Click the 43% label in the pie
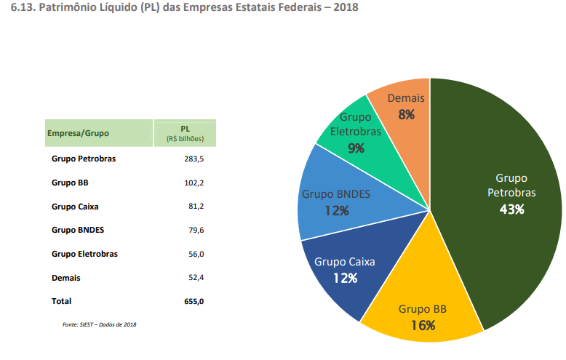point(511,209)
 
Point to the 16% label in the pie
point(423,325)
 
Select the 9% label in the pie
point(356,148)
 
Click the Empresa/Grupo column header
point(79,133)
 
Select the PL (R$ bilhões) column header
point(185,133)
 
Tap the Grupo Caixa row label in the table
point(76,207)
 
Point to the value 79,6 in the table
point(196,231)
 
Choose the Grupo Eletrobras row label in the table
point(84,254)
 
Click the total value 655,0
point(194,301)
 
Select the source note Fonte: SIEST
point(99,324)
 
